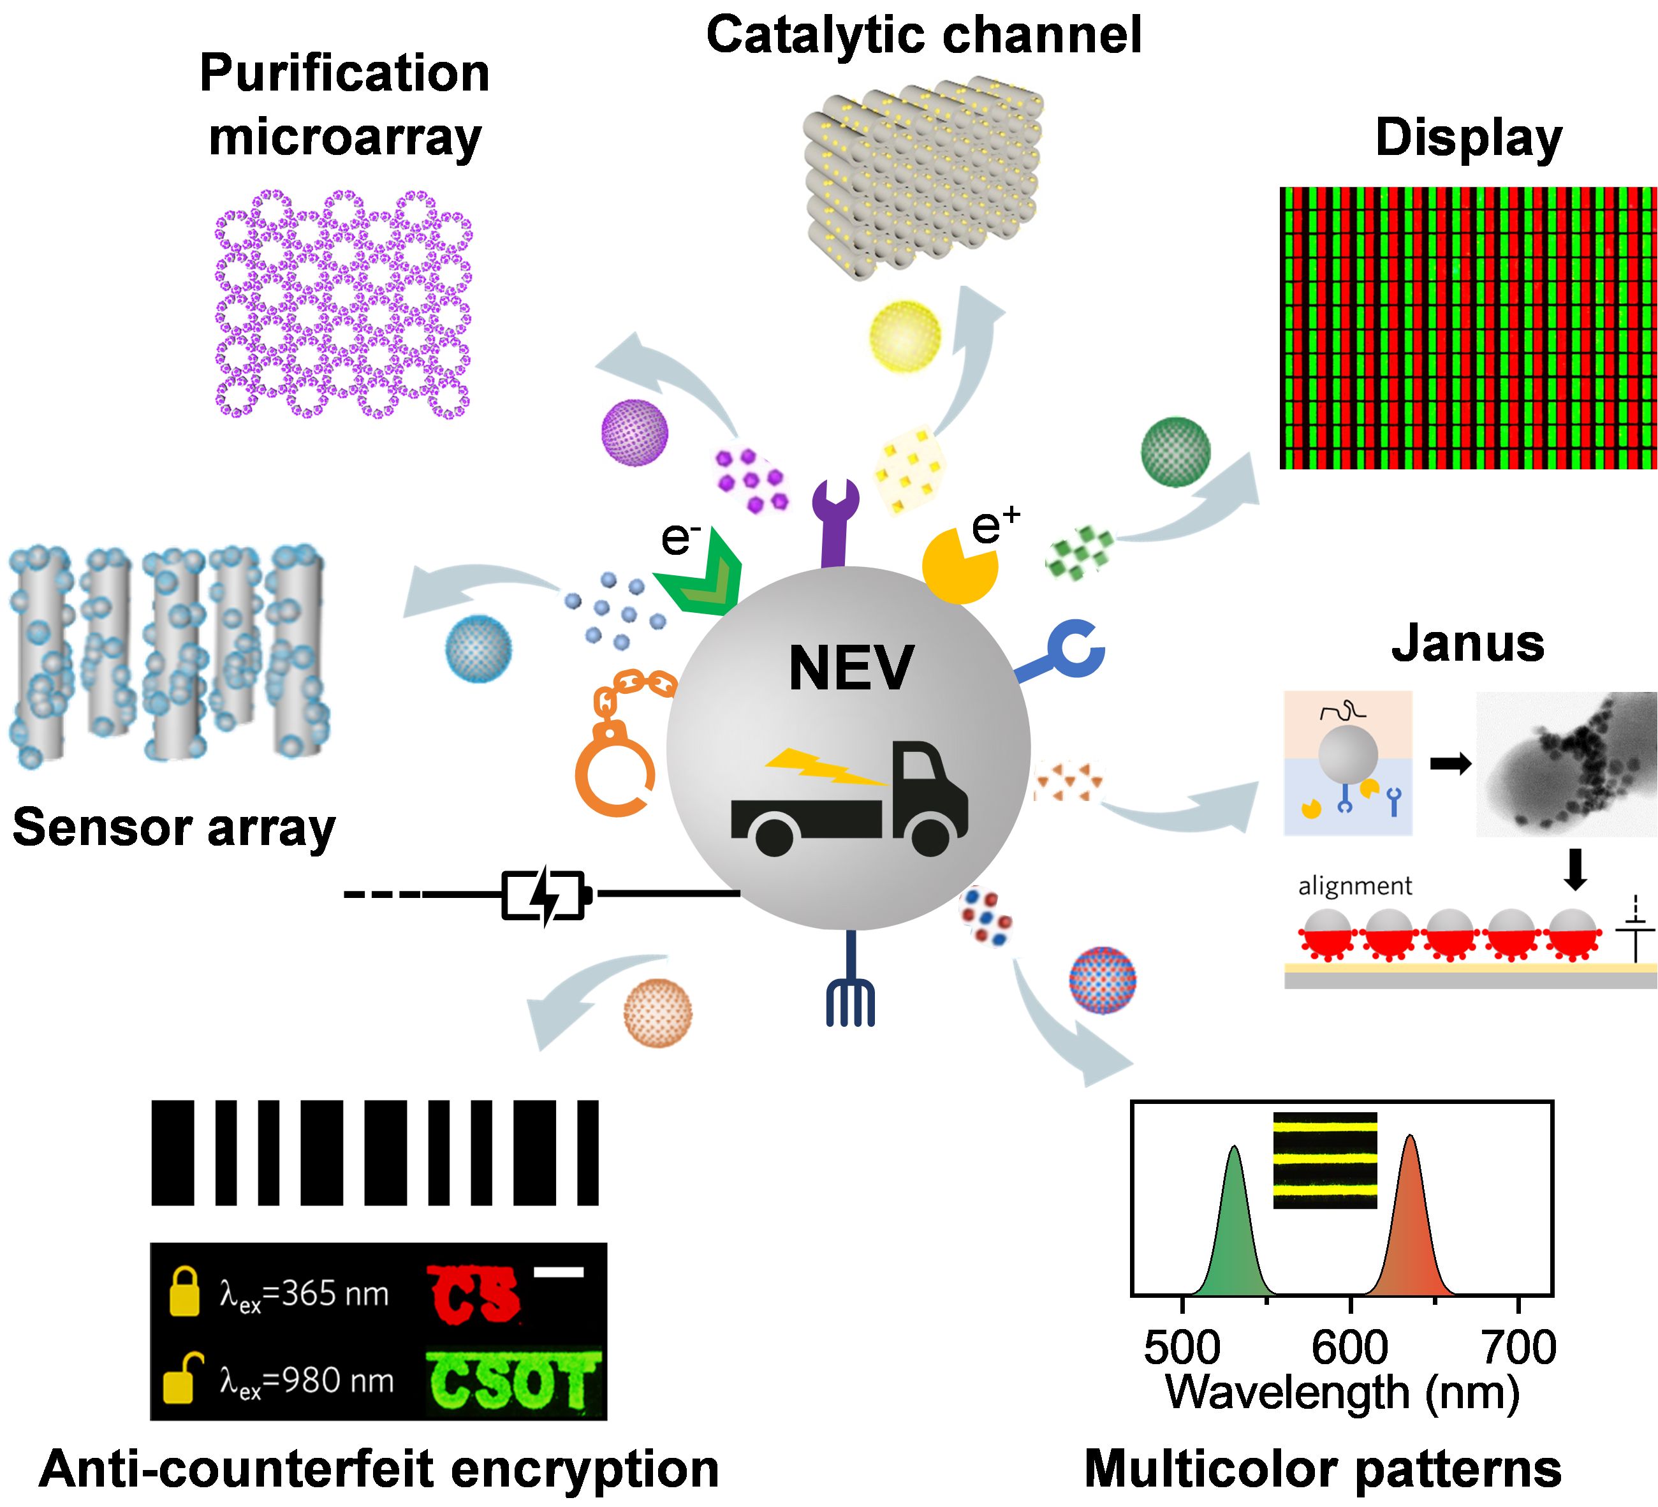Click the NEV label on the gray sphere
click(851, 668)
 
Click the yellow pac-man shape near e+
click(958, 565)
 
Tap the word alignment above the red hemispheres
click(1354, 886)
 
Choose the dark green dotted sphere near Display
click(1176, 451)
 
